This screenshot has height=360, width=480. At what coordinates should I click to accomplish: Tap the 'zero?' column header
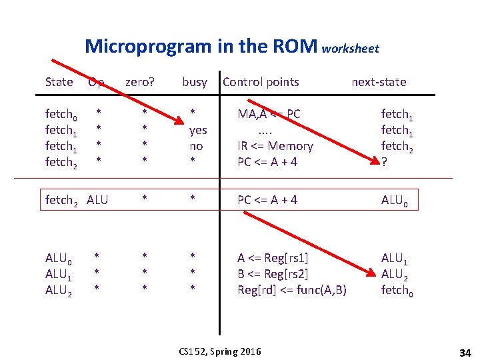pyautogui.click(x=140, y=82)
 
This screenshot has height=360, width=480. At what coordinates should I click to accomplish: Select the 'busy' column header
pyautogui.click(x=195, y=82)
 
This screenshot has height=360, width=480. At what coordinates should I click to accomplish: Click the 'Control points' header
pyautogui.click(x=261, y=82)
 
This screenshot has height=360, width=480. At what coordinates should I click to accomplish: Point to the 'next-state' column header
pyautogui.click(x=379, y=82)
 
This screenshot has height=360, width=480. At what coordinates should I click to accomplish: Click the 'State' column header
pyautogui.click(x=59, y=82)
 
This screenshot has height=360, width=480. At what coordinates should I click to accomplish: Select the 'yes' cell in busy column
pyautogui.click(x=198, y=130)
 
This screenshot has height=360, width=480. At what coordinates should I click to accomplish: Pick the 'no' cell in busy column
pyautogui.click(x=196, y=146)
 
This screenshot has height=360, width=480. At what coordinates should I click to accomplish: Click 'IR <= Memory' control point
pyautogui.click(x=275, y=146)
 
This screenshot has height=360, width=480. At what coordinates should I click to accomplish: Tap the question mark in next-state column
pyautogui.click(x=384, y=162)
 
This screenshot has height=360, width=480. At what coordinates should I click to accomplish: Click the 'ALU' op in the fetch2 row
pyautogui.click(x=98, y=199)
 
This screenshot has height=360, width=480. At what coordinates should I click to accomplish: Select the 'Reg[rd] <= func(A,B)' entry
pyautogui.click(x=292, y=289)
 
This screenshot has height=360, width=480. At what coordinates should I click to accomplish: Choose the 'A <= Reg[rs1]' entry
pyautogui.click(x=273, y=257)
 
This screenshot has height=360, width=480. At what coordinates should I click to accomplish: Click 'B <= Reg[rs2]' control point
pyautogui.click(x=273, y=273)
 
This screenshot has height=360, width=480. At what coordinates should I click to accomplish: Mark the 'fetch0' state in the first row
pyautogui.click(x=60, y=115)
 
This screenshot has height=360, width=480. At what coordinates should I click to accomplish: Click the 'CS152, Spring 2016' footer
pyautogui.click(x=220, y=351)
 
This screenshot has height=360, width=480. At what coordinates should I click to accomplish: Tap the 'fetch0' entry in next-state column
pyautogui.click(x=397, y=290)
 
